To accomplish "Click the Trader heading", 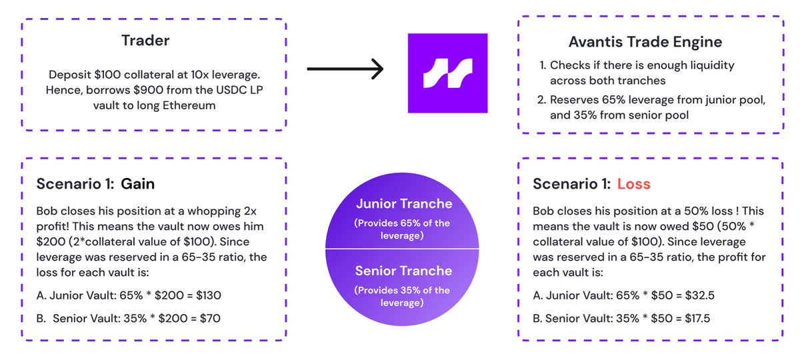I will pyautogui.click(x=145, y=41).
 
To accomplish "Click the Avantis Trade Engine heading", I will pyautogui.click(x=645, y=42).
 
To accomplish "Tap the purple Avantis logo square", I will pyautogui.click(x=447, y=73).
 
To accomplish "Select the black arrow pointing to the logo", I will pyautogui.click(x=345, y=68).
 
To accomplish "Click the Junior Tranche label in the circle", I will pyautogui.click(x=403, y=204).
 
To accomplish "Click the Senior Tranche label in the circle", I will pyautogui.click(x=403, y=271).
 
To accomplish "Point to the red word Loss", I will pyautogui.click(x=633, y=184).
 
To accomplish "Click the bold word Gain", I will pyautogui.click(x=137, y=184).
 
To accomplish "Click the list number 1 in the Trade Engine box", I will pyautogui.click(x=541, y=65).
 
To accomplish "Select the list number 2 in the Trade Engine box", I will pyautogui.click(x=542, y=100).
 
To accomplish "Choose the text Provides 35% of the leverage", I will pyautogui.click(x=403, y=296).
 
